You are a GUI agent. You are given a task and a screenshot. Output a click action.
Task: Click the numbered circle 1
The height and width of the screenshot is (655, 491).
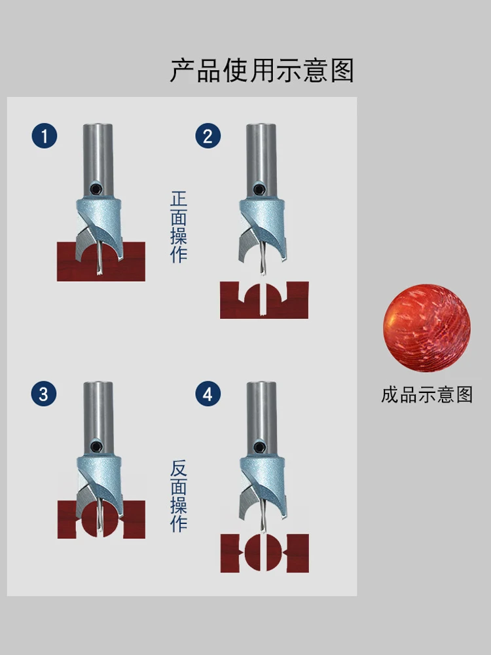45,136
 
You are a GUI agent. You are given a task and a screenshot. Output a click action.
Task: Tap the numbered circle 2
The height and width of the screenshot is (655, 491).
208,136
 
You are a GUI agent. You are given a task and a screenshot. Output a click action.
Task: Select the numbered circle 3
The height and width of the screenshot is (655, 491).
44,394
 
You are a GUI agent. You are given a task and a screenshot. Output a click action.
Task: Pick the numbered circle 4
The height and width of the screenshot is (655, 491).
208,394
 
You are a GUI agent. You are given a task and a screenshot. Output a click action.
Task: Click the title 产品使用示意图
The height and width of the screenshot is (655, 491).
262,70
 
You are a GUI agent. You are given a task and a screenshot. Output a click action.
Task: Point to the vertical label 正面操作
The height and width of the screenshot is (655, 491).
179,227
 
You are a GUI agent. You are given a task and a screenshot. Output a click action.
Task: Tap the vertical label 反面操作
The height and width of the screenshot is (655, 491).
179,495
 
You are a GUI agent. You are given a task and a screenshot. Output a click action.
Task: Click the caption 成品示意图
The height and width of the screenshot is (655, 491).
427,395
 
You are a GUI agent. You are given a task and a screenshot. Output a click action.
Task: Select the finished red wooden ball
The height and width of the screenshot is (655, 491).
427,328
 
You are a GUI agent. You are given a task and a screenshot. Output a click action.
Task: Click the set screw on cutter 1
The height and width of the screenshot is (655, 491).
97,189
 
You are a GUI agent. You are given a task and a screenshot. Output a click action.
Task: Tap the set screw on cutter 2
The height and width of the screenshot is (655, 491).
260,189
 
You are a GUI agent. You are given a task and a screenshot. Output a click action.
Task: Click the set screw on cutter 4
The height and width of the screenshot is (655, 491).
261,447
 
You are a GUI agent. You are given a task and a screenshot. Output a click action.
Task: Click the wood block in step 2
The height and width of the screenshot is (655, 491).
264,301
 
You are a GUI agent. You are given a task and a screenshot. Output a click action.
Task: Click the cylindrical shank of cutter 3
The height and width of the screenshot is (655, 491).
98,418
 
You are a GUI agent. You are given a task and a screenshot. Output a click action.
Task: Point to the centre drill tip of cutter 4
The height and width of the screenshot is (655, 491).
263,530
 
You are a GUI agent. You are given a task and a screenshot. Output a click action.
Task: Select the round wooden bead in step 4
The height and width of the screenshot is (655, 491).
264,552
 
